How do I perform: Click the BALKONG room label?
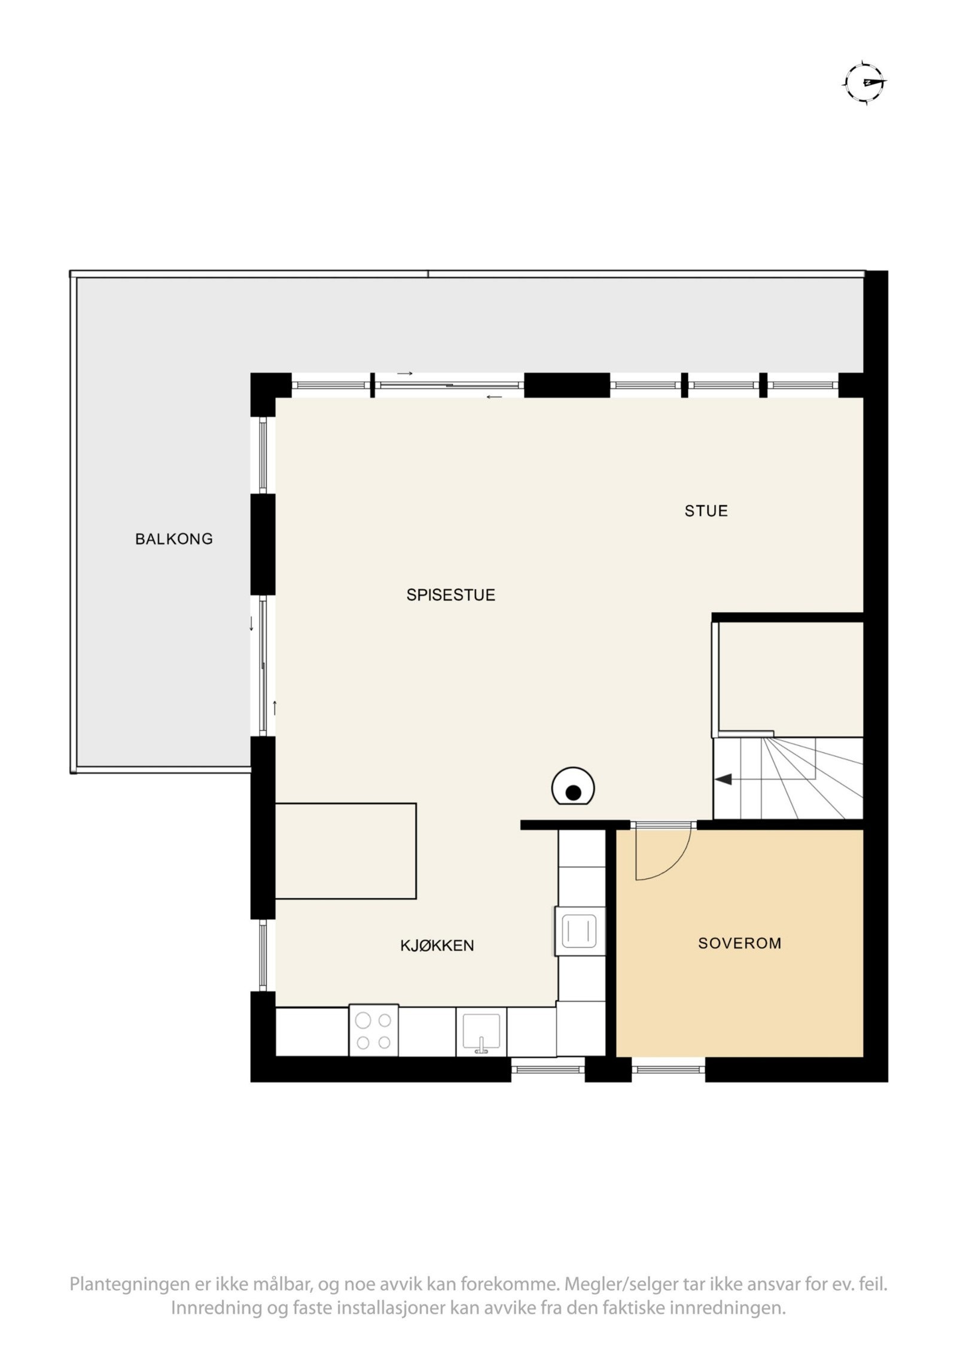(173, 538)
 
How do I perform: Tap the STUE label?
(706, 510)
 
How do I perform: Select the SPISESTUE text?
(450, 595)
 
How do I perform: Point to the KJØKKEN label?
(437, 945)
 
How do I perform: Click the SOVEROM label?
(739, 943)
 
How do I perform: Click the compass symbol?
(865, 83)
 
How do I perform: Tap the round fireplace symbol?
(573, 786)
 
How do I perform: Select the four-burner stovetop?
(373, 1030)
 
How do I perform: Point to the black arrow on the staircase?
(723, 779)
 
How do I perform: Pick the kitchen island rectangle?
(345, 850)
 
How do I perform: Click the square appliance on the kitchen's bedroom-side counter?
(580, 931)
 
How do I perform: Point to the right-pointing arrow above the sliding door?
(405, 373)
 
